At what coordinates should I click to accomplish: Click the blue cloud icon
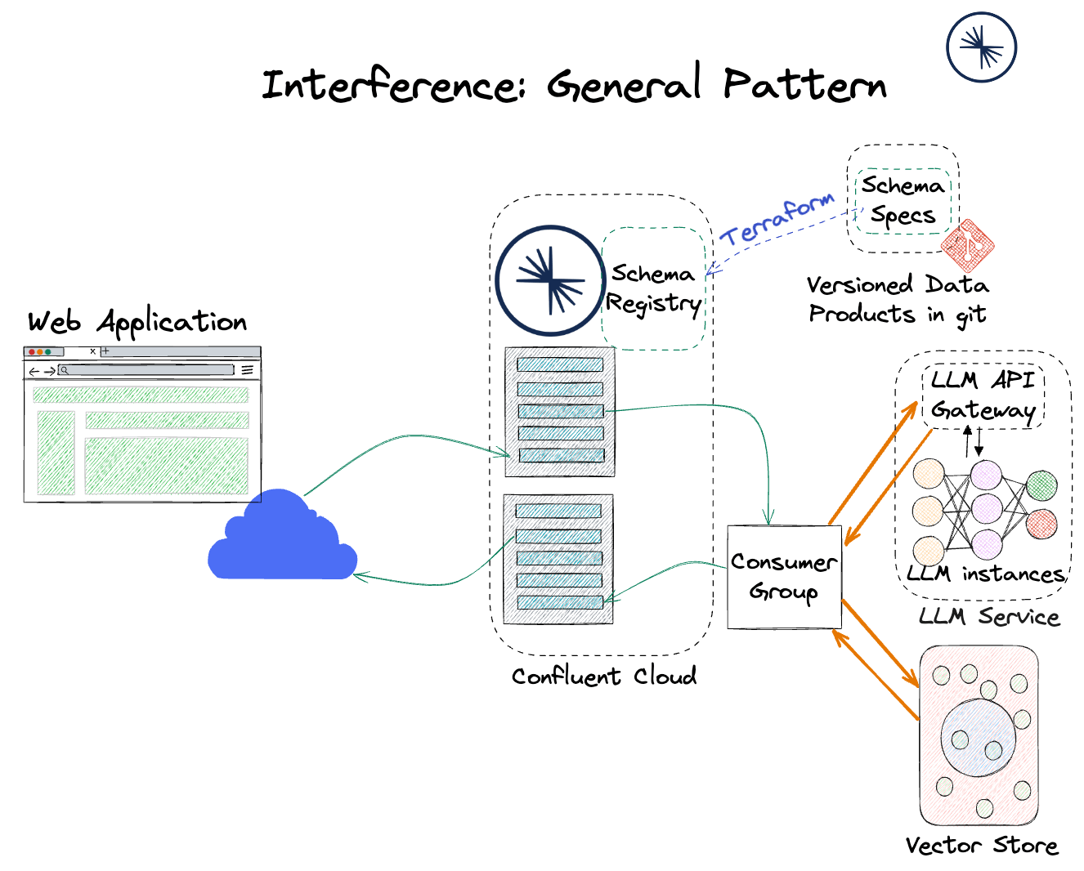coord(281,539)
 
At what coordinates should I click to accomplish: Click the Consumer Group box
coord(784,577)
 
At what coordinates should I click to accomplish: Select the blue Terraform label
coord(777,218)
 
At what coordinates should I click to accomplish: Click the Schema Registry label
coord(653,288)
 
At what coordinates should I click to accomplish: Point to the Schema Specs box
coord(903,201)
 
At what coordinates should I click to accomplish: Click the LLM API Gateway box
coord(983,395)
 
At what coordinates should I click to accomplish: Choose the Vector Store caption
coord(981,846)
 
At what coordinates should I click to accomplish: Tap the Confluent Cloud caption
coord(603,677)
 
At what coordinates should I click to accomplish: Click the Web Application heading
coord(137,322)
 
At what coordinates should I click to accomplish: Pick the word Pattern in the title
coord(804,84)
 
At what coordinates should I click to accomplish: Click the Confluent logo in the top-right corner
coord(981,47)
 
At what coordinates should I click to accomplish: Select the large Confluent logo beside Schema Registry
coord(550,280)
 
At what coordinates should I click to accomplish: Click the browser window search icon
coord(65,370)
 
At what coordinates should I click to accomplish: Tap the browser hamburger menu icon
coord(247,370)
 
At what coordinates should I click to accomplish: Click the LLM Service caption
coord(989,617)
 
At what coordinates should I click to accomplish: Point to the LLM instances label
coord(987,574)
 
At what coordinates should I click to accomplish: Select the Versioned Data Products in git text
coord(898,299)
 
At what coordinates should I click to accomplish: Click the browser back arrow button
coord(34,371)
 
